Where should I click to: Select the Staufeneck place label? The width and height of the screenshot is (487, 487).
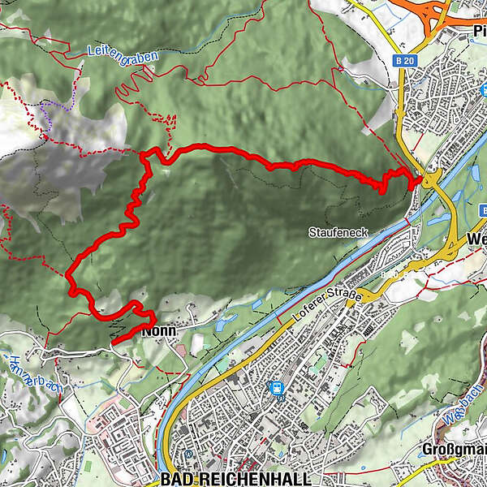click(338, 233)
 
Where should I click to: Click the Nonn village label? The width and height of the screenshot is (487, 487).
click(159, 331)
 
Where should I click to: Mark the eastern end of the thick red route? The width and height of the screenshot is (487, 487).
click(419, 180)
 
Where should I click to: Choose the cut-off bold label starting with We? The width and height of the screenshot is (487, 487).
click(476, 239)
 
